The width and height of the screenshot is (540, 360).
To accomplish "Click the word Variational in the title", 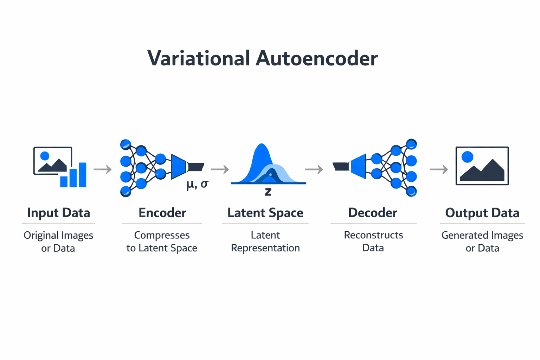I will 199,58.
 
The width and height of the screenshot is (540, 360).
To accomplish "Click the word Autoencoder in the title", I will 316,58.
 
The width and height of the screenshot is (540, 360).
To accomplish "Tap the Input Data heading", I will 59,213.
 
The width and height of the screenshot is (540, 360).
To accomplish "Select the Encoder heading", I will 162,213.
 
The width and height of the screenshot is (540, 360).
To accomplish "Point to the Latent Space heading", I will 265,213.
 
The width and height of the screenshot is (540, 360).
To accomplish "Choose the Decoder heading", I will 373,213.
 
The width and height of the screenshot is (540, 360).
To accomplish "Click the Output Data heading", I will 482,213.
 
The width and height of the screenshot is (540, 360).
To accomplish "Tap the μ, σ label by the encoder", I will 197,184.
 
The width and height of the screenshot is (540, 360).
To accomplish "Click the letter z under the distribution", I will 268,192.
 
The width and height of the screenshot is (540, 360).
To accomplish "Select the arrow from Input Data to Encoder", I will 102,169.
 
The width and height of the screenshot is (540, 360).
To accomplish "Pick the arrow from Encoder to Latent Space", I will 220,169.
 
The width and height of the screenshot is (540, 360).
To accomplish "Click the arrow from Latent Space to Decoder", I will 314,169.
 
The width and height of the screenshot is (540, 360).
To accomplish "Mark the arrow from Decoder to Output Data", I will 439,169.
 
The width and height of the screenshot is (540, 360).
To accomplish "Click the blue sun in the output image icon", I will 467,157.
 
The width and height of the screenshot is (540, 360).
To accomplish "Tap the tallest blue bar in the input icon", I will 83,175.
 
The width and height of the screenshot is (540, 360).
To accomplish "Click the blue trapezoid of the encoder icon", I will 179,166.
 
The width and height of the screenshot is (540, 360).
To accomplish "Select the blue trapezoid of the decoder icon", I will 358,166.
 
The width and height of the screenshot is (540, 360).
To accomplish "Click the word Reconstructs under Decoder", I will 373,235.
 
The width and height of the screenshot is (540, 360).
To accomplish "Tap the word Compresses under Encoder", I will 162,235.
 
